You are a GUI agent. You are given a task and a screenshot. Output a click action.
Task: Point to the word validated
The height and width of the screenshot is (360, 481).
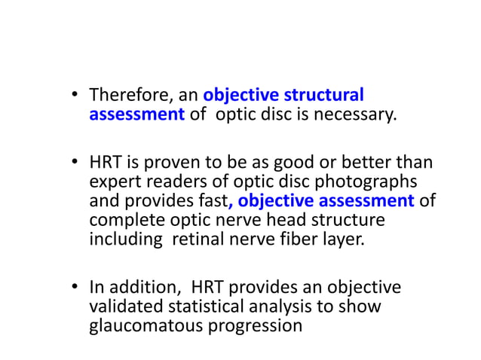coord(124,307)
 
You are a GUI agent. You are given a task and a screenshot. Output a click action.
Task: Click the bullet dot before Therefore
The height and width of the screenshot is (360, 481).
coord(75,96)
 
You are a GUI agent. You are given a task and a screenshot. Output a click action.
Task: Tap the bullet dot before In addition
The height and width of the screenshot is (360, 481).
coord(75,288)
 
